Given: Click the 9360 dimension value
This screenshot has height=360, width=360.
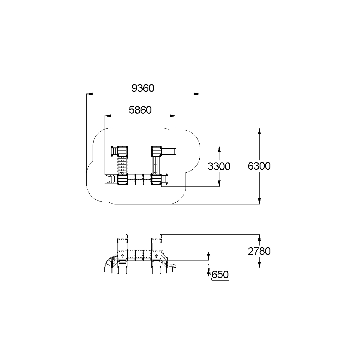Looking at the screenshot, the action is coord(143,88).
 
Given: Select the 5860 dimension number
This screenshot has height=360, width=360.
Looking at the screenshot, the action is coord(140,110).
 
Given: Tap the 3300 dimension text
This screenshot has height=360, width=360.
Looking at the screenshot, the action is coord(219,166).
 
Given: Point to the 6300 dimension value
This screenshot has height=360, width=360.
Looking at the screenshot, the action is coord(259,166).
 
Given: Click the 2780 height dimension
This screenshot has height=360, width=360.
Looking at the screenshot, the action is coord(259,251).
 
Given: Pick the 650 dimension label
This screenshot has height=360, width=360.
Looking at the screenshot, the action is coord(220,275).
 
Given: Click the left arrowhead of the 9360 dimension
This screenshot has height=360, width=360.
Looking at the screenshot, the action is coord(90,94).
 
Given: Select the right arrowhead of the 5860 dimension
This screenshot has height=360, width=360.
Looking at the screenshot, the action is coord(173,116).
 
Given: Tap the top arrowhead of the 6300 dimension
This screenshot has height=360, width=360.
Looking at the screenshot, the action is coord(259,131).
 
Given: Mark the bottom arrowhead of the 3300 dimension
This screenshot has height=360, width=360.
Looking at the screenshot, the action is coord(219,183).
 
